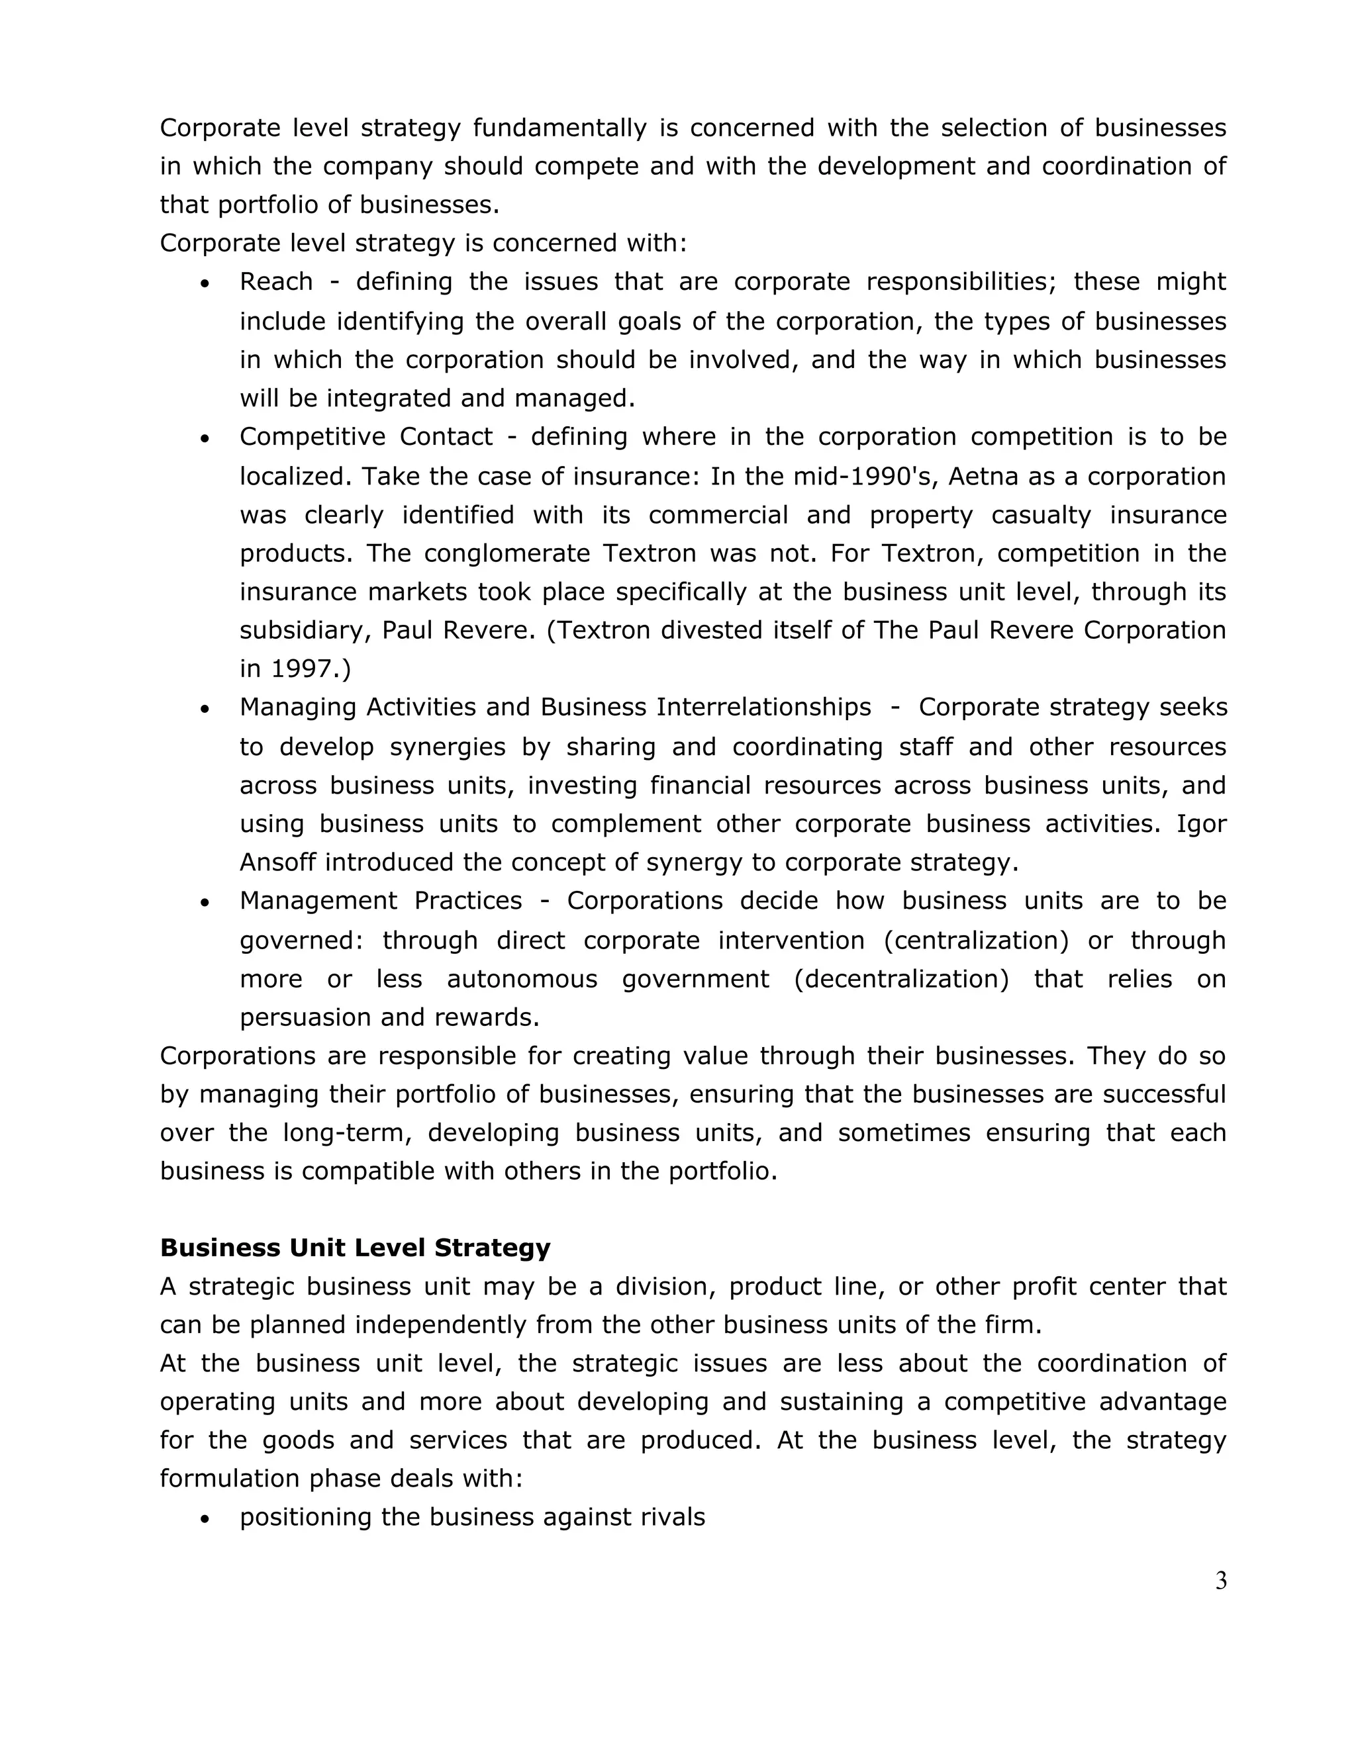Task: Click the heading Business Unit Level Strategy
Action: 355,1247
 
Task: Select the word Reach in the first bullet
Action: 275,282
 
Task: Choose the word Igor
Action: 1201,823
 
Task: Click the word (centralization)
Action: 976,940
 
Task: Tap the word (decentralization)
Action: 900,978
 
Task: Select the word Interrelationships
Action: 763,707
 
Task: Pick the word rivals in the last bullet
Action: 673,1517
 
